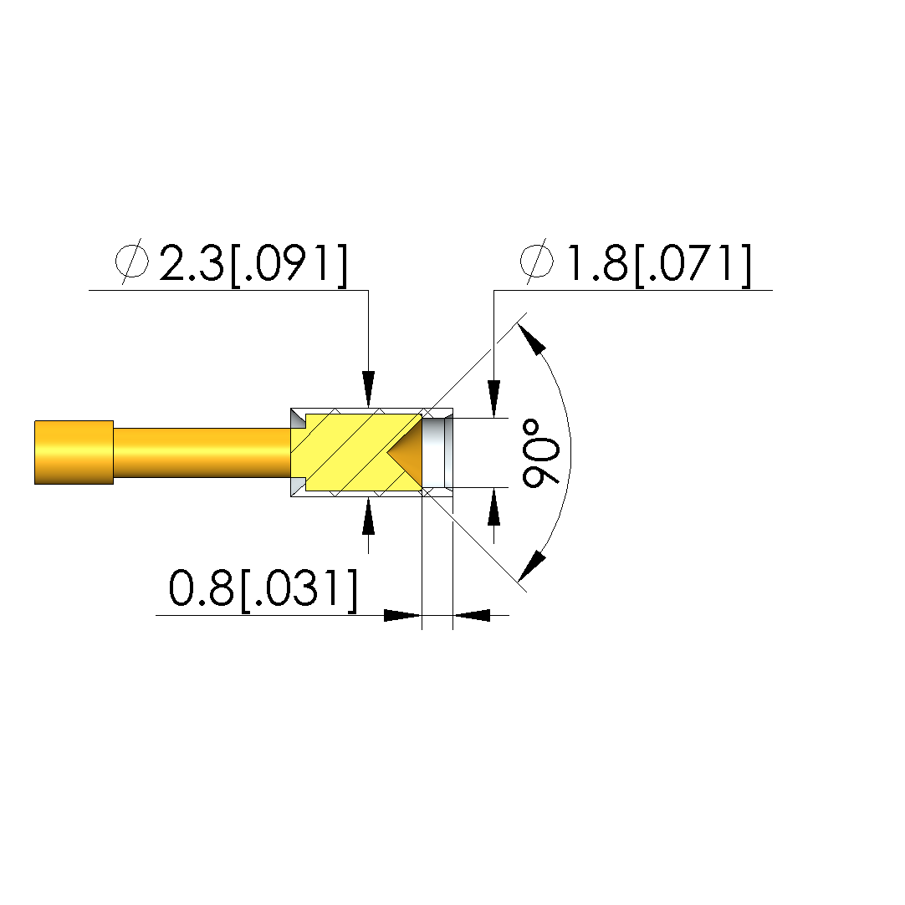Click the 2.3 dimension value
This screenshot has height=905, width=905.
pyautogui.click(x=192, y=263)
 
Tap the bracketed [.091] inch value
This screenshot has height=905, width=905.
pyautogui.click(x=289, y=265)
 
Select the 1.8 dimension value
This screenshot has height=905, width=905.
pyautogui.click(x=598, y=263)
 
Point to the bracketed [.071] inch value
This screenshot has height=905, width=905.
pyautogui.click(x=693, y=265)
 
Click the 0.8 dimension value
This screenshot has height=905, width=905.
pyautogui.click(x=202, y=588)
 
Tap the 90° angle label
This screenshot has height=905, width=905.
pyautogui.click(x=541, y=453)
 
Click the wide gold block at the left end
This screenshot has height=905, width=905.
pyautogui.click(x=74, y=453)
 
